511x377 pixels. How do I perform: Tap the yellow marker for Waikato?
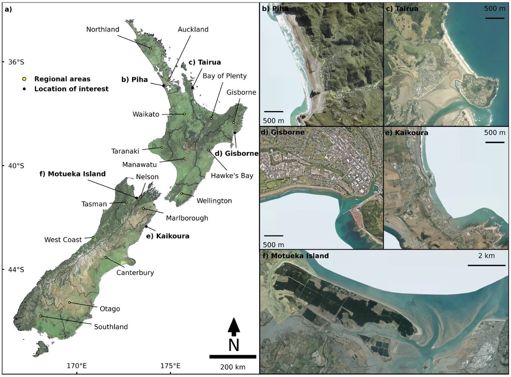pyautogui.click(x=184, y=114)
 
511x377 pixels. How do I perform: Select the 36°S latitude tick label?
pyautogui.click(x=16, y=62)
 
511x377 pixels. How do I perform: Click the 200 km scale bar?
pyautogui.click(x=233, y=356)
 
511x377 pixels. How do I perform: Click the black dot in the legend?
pyautogui.click(x=25, y=89)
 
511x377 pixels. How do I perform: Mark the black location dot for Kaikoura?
pyautogui.click(x=146, y=227)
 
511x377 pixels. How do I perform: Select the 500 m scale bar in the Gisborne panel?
pyautogui.click(x=273, y=236)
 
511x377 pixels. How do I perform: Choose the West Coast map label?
pyautogui.click(x=63, y=240)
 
